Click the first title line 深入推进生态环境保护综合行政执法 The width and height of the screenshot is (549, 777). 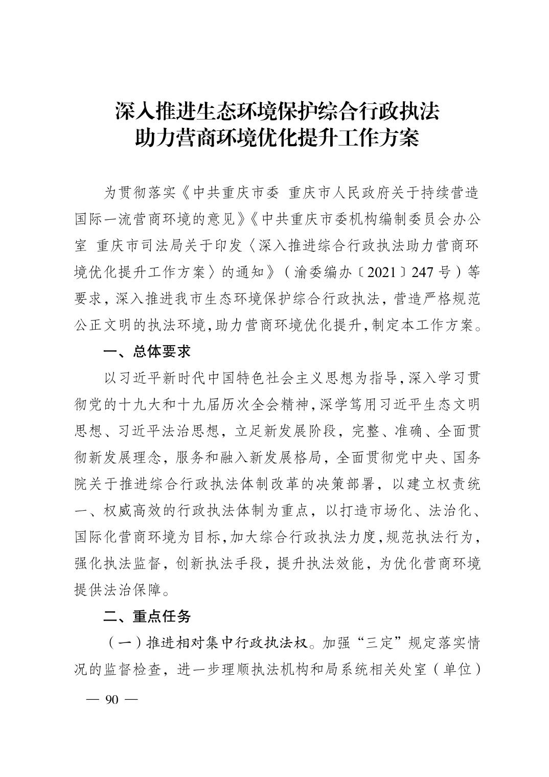[x=277, y=111]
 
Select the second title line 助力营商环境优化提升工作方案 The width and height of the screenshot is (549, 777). [x=277, y=139]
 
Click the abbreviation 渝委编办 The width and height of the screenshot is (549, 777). [x=326, y=272]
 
